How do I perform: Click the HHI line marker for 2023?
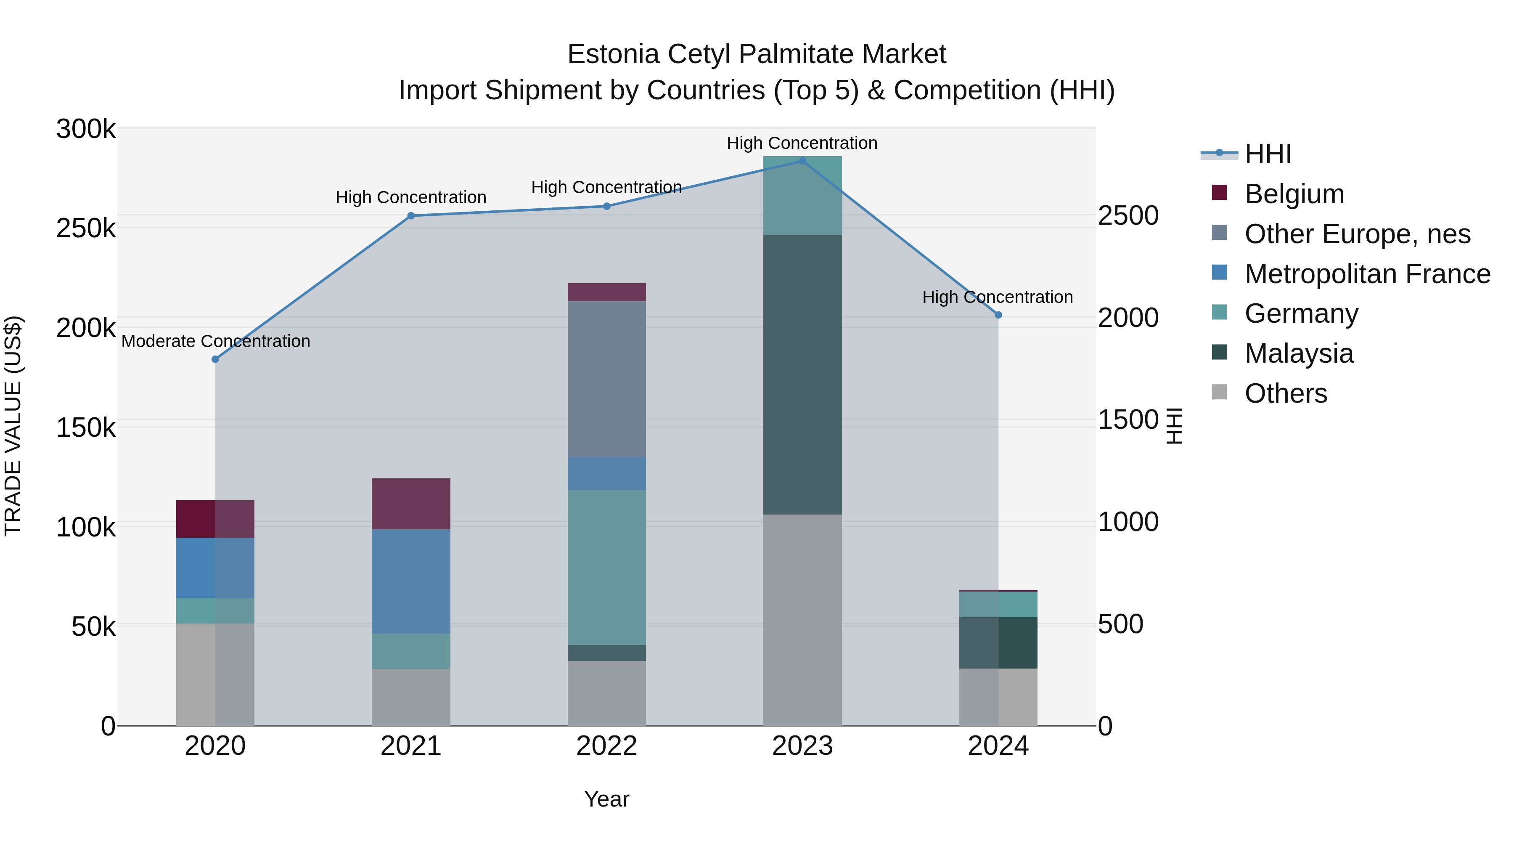pyautogui.click(x=802, y=161)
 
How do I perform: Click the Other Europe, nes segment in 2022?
pyautogui.click(x=606, y=379)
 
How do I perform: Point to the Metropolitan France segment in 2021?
pyautogui.click(x=411, y=581)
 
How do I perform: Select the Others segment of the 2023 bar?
pyautogui.click(x=802, y=620)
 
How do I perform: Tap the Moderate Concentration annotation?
pyautogui.click(x=216, y=341)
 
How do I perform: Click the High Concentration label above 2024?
pyautogui.click(x=998, y=297)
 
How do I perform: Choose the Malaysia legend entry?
pyautogui.click(x=1299, y=353)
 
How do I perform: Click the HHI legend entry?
pyautogui.click(x=1267, y=154)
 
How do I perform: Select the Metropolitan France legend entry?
pyautogui.click(x=1367, y=274)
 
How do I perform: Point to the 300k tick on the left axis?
pyautogui.click(x=86, y=129)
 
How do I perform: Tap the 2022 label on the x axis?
pyautogui.click(x=606, y=746)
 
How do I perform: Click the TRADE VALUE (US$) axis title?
pyautogui.click(x=13, y=426)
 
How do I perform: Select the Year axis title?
pyautogui.click(x=606, y=799)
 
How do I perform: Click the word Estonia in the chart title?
pyautogui.click(x=613, y=54)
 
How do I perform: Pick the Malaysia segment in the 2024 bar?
pyautogui.click(x=998, y=642)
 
